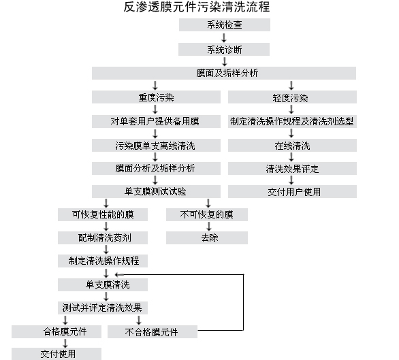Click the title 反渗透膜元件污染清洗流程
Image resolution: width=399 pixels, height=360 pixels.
click(197, 7)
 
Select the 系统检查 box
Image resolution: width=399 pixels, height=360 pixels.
click(225, 24)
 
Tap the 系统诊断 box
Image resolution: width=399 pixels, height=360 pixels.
click(224, 49)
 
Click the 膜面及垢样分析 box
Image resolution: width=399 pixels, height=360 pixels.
click(224, 73)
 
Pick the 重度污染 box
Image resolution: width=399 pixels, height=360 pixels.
click(156, 97)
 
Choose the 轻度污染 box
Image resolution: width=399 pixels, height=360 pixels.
click(292, 97)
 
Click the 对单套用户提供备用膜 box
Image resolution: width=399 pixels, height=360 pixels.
click(156, 121)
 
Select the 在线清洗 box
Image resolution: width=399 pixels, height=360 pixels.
click(292, 145)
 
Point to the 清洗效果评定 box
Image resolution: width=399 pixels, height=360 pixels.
click(292, 168)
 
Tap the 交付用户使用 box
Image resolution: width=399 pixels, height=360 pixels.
click(292, 192)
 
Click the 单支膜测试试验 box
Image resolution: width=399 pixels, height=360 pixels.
click(156, 192)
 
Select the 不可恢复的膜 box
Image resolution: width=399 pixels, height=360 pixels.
click(207, 215)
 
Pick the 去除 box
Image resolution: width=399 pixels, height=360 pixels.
click(207, 238)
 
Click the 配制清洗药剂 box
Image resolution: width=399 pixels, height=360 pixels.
click(103, 238)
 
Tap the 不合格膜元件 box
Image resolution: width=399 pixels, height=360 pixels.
click(153, 332)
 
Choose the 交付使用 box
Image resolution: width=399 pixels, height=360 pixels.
click(57, 354)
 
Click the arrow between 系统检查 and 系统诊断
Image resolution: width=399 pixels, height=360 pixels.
click(224, 37)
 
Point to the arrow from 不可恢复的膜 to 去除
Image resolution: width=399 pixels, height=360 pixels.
click(208, 227)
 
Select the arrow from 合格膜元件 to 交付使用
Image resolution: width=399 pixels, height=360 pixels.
click(65, 343)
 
